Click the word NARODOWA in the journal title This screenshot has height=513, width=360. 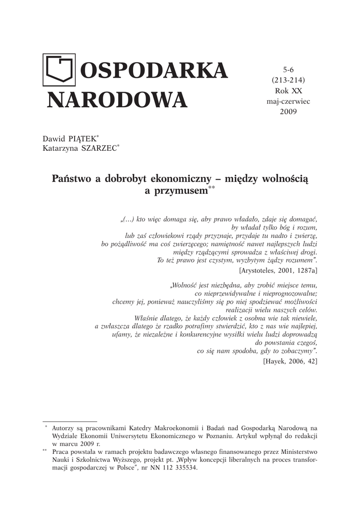pos(116,100)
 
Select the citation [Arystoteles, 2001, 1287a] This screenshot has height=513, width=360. pos(278,270)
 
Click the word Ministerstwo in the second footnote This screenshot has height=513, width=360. pos(295,452)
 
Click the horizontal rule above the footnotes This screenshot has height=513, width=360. pos(70,421)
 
